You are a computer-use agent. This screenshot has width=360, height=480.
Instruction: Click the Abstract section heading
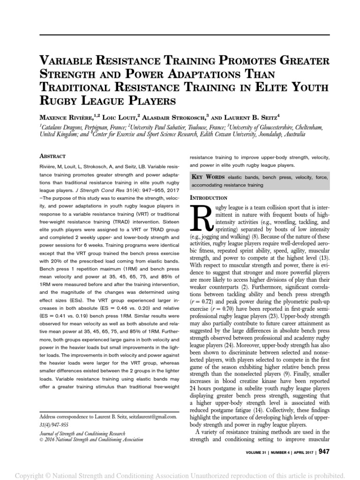[52, 156]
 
